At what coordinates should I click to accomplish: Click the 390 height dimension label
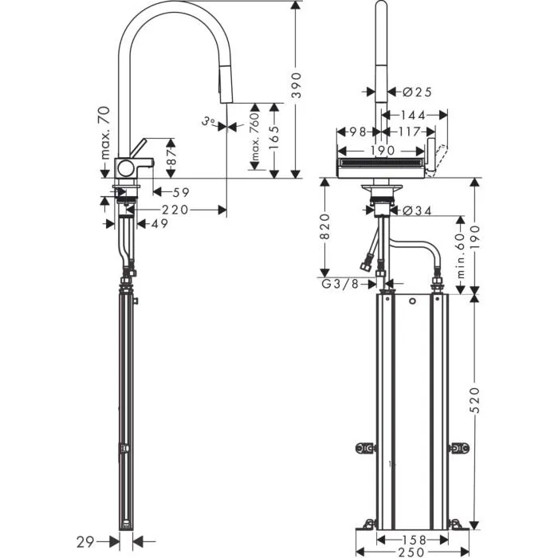[296, 85]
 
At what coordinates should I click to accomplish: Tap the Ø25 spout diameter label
[417, 92]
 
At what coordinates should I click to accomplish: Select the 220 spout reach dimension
[175, 210]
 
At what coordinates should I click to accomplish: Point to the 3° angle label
[209, 122]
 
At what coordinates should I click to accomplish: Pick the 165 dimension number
[274, 139]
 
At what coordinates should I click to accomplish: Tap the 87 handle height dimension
[171, 157]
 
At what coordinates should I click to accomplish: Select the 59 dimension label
[181, 193]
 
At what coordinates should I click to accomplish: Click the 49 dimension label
[159, 224]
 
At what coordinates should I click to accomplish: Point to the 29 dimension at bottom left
[85, 542]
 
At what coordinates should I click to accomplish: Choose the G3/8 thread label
[340, 284]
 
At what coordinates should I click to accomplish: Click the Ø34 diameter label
[417, 211]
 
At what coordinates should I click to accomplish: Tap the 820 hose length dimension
[325, 226]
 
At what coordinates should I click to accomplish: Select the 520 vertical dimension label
[475, 400]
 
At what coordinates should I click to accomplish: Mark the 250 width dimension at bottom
[412, 552]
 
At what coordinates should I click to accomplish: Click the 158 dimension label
[413, 540]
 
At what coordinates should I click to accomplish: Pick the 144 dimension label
[413, 116]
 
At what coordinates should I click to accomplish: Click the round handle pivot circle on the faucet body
[125, 168]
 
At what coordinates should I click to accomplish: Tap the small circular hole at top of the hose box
[412, 301]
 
